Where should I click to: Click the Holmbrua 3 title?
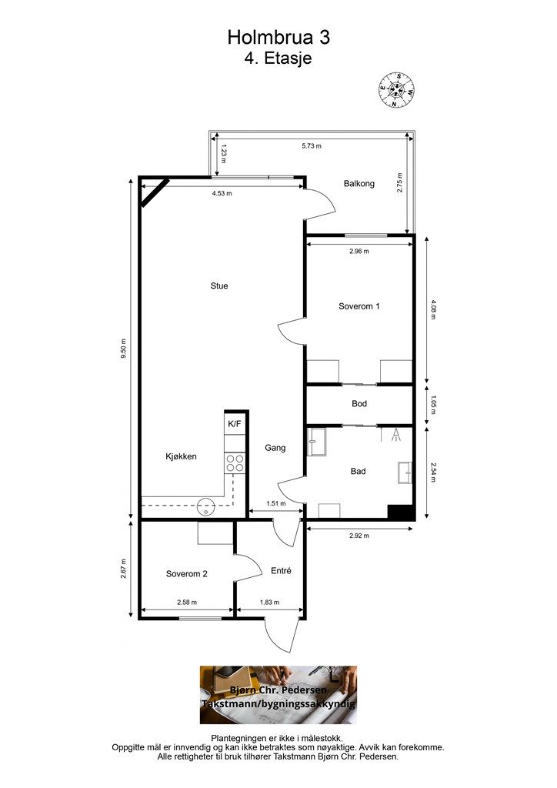click(278, 37)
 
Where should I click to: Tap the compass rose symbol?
click(396, 90)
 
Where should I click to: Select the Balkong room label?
click(359, 184)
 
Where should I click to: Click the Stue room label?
click(219, 286)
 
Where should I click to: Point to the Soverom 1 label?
click(359, 306)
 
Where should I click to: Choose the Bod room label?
click(359, 403)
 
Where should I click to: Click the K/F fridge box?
click(235, 424)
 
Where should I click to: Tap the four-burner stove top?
click(235, 462)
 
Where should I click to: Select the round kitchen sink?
click(205, 506)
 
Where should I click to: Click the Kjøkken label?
click(181, 456)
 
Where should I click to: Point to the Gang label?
click(275, 448)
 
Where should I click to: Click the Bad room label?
click(358, 472)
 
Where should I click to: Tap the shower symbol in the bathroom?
click(396, 435)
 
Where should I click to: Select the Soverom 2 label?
click(186, 574)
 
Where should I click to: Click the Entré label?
click(281, 571)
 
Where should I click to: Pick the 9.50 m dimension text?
click(123, 349)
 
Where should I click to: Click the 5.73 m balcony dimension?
click(312, 146)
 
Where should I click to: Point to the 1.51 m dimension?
click(275, 503)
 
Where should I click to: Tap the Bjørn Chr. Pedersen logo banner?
click(278, 695)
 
